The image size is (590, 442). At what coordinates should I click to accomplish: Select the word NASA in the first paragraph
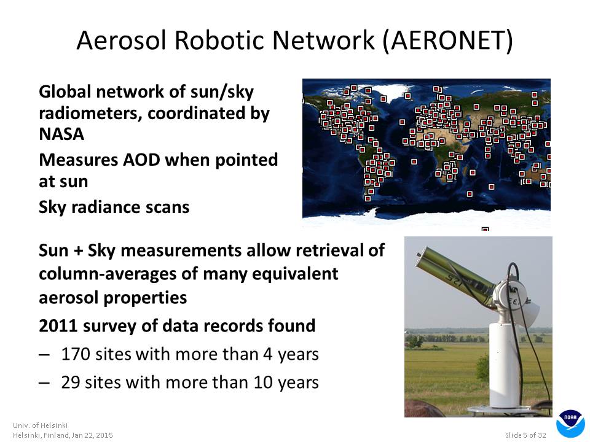(x=61, y=134)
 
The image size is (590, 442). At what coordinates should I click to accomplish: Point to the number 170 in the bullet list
(x=76, y=354)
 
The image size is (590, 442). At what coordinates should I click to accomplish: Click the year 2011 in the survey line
(x=58, y=326)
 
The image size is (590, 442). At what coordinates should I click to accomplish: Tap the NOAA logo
(x=570, y=424)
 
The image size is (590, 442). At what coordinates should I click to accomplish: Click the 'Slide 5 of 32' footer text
(x=525, y=435)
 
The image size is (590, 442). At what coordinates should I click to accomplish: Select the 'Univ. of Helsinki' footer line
(x=41, y=425)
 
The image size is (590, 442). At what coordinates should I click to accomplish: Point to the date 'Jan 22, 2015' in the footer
(x=92, y=435)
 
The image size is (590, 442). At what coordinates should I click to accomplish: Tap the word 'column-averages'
(x=108, y=274)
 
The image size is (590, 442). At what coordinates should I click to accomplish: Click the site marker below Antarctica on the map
(x=486, y=228)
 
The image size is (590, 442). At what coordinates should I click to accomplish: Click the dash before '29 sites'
(x=44, y=383)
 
